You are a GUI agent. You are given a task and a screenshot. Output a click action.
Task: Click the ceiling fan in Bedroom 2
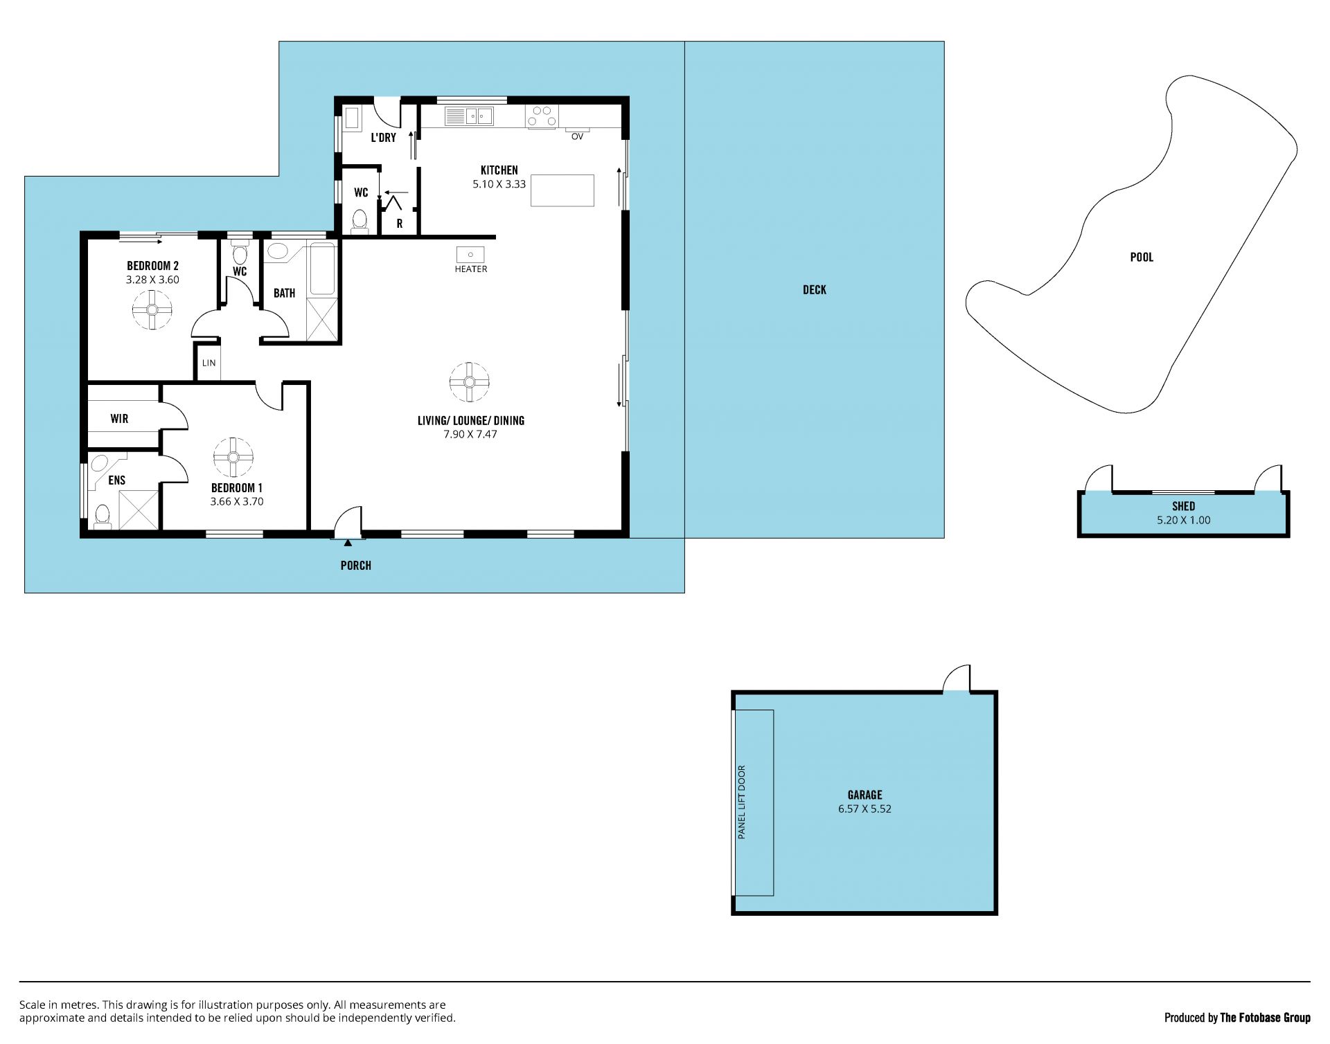152,309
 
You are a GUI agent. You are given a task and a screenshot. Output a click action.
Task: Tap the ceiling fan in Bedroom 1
233,457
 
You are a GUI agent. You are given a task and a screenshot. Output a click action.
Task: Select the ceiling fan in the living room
470,382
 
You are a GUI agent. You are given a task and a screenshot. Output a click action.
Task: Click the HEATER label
471,269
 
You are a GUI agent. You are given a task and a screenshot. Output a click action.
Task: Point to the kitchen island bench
562,190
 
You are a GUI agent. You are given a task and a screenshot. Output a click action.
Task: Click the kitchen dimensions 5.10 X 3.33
499,184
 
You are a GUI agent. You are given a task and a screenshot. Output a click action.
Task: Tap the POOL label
1142,258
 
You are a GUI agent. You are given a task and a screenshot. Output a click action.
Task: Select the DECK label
815,290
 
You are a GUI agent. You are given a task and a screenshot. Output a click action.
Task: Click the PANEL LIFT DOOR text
742,802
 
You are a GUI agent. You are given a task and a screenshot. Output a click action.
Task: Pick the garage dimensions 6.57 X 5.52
864,809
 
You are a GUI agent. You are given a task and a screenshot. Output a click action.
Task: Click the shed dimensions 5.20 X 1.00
1184,520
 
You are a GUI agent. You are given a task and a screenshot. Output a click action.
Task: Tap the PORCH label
356,566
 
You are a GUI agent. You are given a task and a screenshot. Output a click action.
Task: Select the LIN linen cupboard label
209,363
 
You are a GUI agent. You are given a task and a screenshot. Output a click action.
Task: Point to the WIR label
119,419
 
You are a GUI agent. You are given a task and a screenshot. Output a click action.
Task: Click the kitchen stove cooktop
542,116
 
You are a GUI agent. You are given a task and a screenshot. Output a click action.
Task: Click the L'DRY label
384,138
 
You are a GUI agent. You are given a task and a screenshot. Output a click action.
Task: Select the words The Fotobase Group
1266,1018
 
